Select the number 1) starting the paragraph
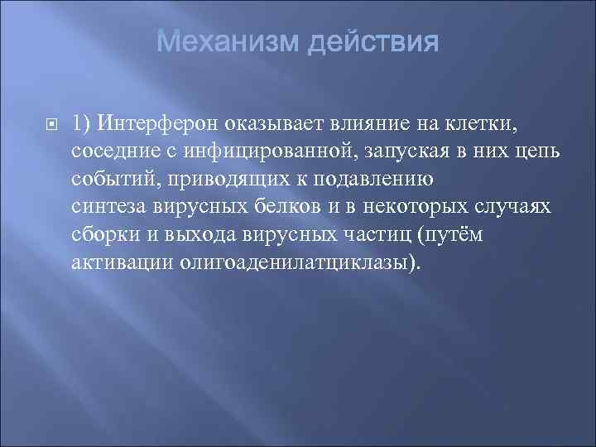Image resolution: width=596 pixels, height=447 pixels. [x=84, y=125]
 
